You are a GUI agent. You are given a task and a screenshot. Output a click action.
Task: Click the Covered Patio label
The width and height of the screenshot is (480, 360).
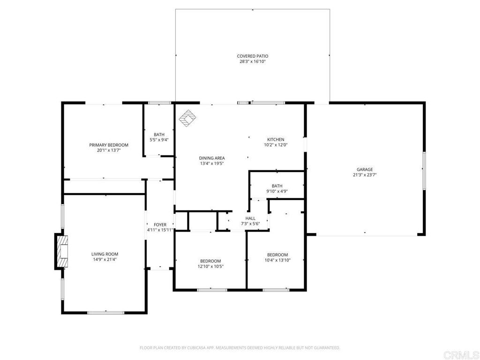click(x=252, y=56)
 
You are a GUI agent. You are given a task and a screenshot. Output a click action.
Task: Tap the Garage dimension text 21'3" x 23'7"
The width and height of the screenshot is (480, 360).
click(x=365, y=175)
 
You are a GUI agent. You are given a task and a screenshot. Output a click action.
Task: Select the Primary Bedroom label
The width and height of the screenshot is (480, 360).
click(x=109, y=145)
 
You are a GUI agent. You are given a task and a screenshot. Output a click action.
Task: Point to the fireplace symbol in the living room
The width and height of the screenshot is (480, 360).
click(x=61, y=251)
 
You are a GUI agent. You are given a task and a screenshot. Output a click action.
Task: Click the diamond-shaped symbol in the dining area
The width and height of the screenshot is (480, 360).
click(x=188, y=119)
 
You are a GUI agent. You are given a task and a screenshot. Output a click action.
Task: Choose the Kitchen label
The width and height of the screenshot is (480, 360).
click(x=276, y=140)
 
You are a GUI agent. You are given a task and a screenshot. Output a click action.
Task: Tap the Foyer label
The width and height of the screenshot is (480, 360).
click(x=160, y=225)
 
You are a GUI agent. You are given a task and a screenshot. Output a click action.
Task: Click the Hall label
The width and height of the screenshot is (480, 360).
click(x=250, y=218)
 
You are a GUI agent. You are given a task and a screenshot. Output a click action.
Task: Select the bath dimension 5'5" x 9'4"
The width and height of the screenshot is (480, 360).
click(x=159, y=140)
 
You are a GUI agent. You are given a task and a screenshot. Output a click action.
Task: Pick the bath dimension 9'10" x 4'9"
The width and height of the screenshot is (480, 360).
click(x=277, y=191)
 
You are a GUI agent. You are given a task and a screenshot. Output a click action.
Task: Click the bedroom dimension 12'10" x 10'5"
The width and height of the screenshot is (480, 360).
click(x=210, y=266)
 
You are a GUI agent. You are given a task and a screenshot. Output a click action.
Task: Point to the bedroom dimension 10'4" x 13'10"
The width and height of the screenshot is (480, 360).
click(x=277, y=260)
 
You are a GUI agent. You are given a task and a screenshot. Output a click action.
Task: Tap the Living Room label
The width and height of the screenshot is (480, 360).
click(x=105, y=254)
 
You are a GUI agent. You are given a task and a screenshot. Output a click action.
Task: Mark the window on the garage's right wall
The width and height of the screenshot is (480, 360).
click(x=424, y=171)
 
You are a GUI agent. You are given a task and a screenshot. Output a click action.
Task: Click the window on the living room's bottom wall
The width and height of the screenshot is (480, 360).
click(x=105, y=312)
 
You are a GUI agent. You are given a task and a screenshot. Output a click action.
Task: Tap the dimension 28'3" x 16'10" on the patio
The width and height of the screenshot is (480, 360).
click(x=252, y=61)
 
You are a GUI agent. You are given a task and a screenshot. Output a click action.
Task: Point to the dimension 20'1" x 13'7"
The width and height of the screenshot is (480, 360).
click(x=109, y=150)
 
